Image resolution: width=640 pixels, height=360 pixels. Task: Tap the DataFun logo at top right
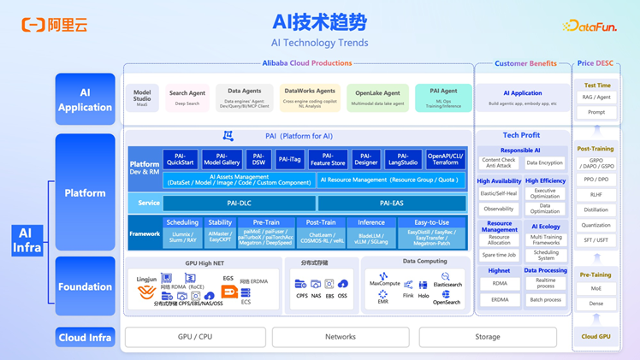590,27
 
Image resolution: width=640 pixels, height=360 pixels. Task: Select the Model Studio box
142,97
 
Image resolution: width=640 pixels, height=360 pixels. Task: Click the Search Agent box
187,97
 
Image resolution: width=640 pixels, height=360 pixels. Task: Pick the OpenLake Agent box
377,97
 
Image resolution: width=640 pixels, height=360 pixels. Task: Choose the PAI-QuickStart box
180,159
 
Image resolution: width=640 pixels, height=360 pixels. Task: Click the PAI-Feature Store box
328,159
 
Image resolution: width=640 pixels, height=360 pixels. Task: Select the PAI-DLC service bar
240,204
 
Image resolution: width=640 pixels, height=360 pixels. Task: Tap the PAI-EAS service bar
391,204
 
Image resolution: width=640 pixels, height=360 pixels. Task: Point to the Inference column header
371,222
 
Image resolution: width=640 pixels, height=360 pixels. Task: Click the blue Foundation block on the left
85,286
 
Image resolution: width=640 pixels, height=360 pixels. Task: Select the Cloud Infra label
85,337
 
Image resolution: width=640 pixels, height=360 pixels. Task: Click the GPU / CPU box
195,337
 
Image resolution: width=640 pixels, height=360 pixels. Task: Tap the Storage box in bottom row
487,337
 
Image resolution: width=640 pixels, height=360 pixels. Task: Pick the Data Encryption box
544,162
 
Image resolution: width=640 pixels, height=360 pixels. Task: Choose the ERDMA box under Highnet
499,300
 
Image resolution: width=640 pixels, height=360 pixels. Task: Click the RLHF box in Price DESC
596,194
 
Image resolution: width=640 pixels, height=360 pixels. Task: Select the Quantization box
596,225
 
